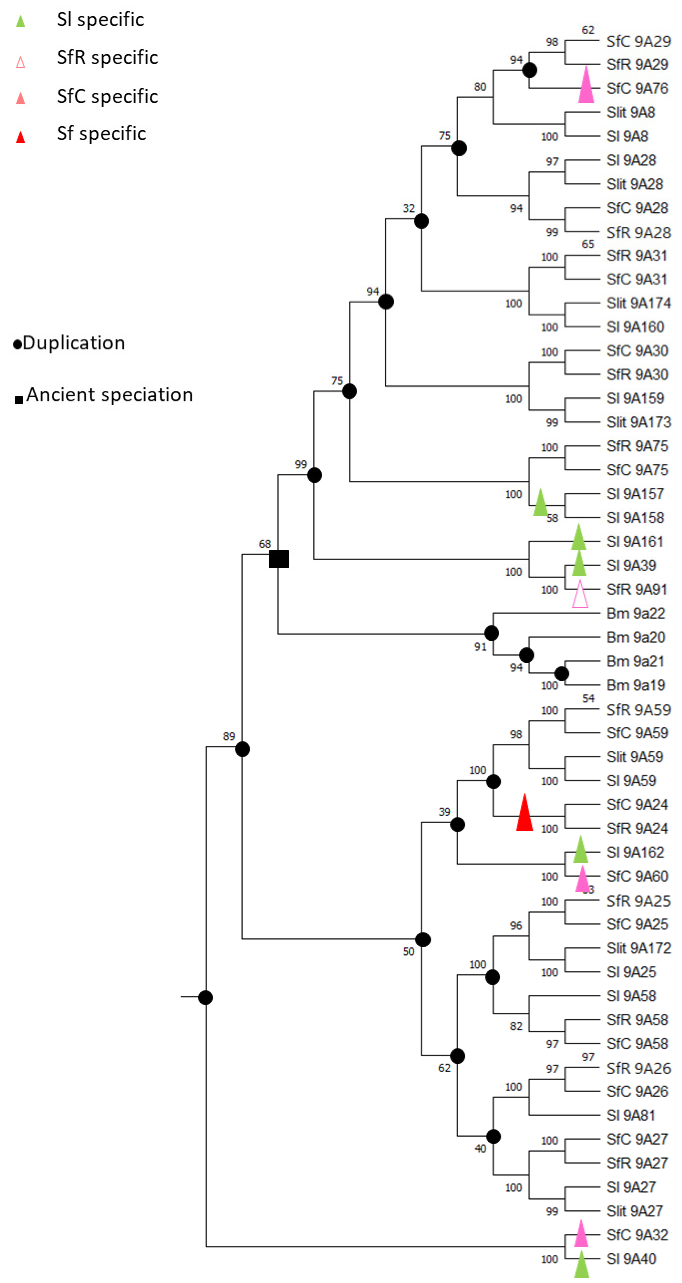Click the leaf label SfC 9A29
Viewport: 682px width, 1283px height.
(x=638, y=41)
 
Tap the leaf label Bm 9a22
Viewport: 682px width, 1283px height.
(x=636, y=613)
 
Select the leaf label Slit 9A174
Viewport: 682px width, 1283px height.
(x=638, y=303)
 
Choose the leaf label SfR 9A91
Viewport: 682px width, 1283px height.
(x=637, y=589)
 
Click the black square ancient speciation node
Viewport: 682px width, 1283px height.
(x=279, y=559)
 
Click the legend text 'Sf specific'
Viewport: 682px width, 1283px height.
(x=102, y=134)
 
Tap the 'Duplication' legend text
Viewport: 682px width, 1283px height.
(x=74, y=343)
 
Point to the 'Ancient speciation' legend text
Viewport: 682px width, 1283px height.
(x=110, y=395)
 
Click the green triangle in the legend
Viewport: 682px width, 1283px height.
(x=21, y=21)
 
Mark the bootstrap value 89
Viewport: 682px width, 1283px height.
(x=229, y=736)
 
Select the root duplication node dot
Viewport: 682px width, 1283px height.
(x=206, y=997)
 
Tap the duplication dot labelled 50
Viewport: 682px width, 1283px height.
(x=423, y=939)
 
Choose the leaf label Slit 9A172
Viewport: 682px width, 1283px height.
(x=638, y=948)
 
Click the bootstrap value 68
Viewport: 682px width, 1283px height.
(x=265, y=544)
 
